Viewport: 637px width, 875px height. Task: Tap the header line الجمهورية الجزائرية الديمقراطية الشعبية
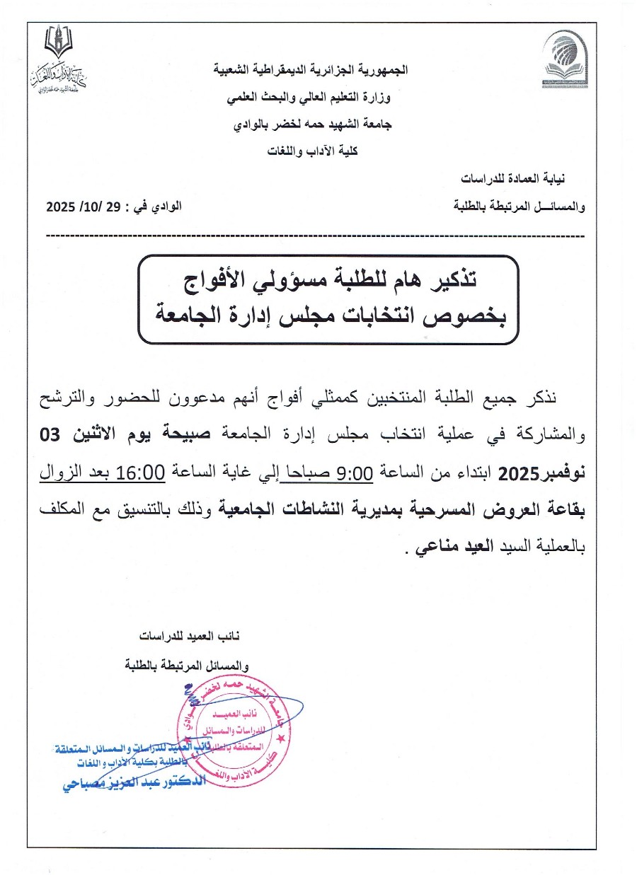point(311,70)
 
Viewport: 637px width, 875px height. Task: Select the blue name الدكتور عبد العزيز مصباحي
point(131,784)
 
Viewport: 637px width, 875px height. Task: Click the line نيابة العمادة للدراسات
point(524,176)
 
